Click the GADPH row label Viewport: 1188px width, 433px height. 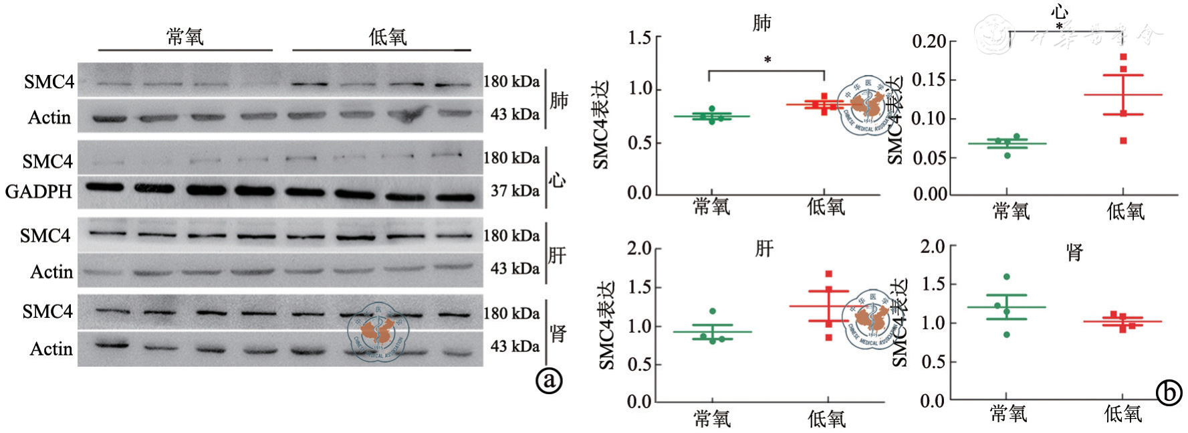pyautogui.click(x=39, y=191)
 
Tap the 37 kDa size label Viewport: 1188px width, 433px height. pyautogui.click(x=515, y=191)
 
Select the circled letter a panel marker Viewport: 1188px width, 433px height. pyautogui.click(x=550, y=380)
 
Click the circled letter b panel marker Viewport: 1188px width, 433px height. pyautogui.click(x=1169, y=392)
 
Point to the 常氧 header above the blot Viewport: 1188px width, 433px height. pyautogui.click(x=185, y=37)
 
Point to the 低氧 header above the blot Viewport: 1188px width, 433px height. pyautogui.click(x=388, y=37)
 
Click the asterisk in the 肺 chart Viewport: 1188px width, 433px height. pyautogui.click(x=767, y=60)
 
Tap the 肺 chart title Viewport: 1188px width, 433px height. pyautogui.click(x=762, y=23)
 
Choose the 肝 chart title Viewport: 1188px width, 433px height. pyautogui.click(x=764, y=250)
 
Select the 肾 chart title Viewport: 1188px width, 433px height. pyautogui.click(x=1075, y=253)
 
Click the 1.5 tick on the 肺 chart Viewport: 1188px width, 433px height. pyautogui.click(x=639, y=38)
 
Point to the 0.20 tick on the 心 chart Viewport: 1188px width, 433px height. pyautogui.click(x=929, y=41)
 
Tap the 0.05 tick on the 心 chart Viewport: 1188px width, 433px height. pyautogui.click(x=929, y=158)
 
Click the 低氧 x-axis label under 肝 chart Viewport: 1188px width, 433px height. pyautogui.click(x=826, y=420)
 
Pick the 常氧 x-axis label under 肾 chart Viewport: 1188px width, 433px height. pyautogui.click(x=1008, y=414)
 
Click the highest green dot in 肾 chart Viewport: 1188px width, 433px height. pyautogui.click(x=1007, y=276)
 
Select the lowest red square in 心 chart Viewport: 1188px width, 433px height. pyautogui.click(x=1124, y=141)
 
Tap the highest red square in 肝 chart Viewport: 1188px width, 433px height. pyautogui.click(x=829, y=274)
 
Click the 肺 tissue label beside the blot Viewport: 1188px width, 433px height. pyautogui.click(x=559, y=100)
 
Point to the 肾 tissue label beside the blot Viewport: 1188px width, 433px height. pyautogui.click(x=558, y=333)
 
